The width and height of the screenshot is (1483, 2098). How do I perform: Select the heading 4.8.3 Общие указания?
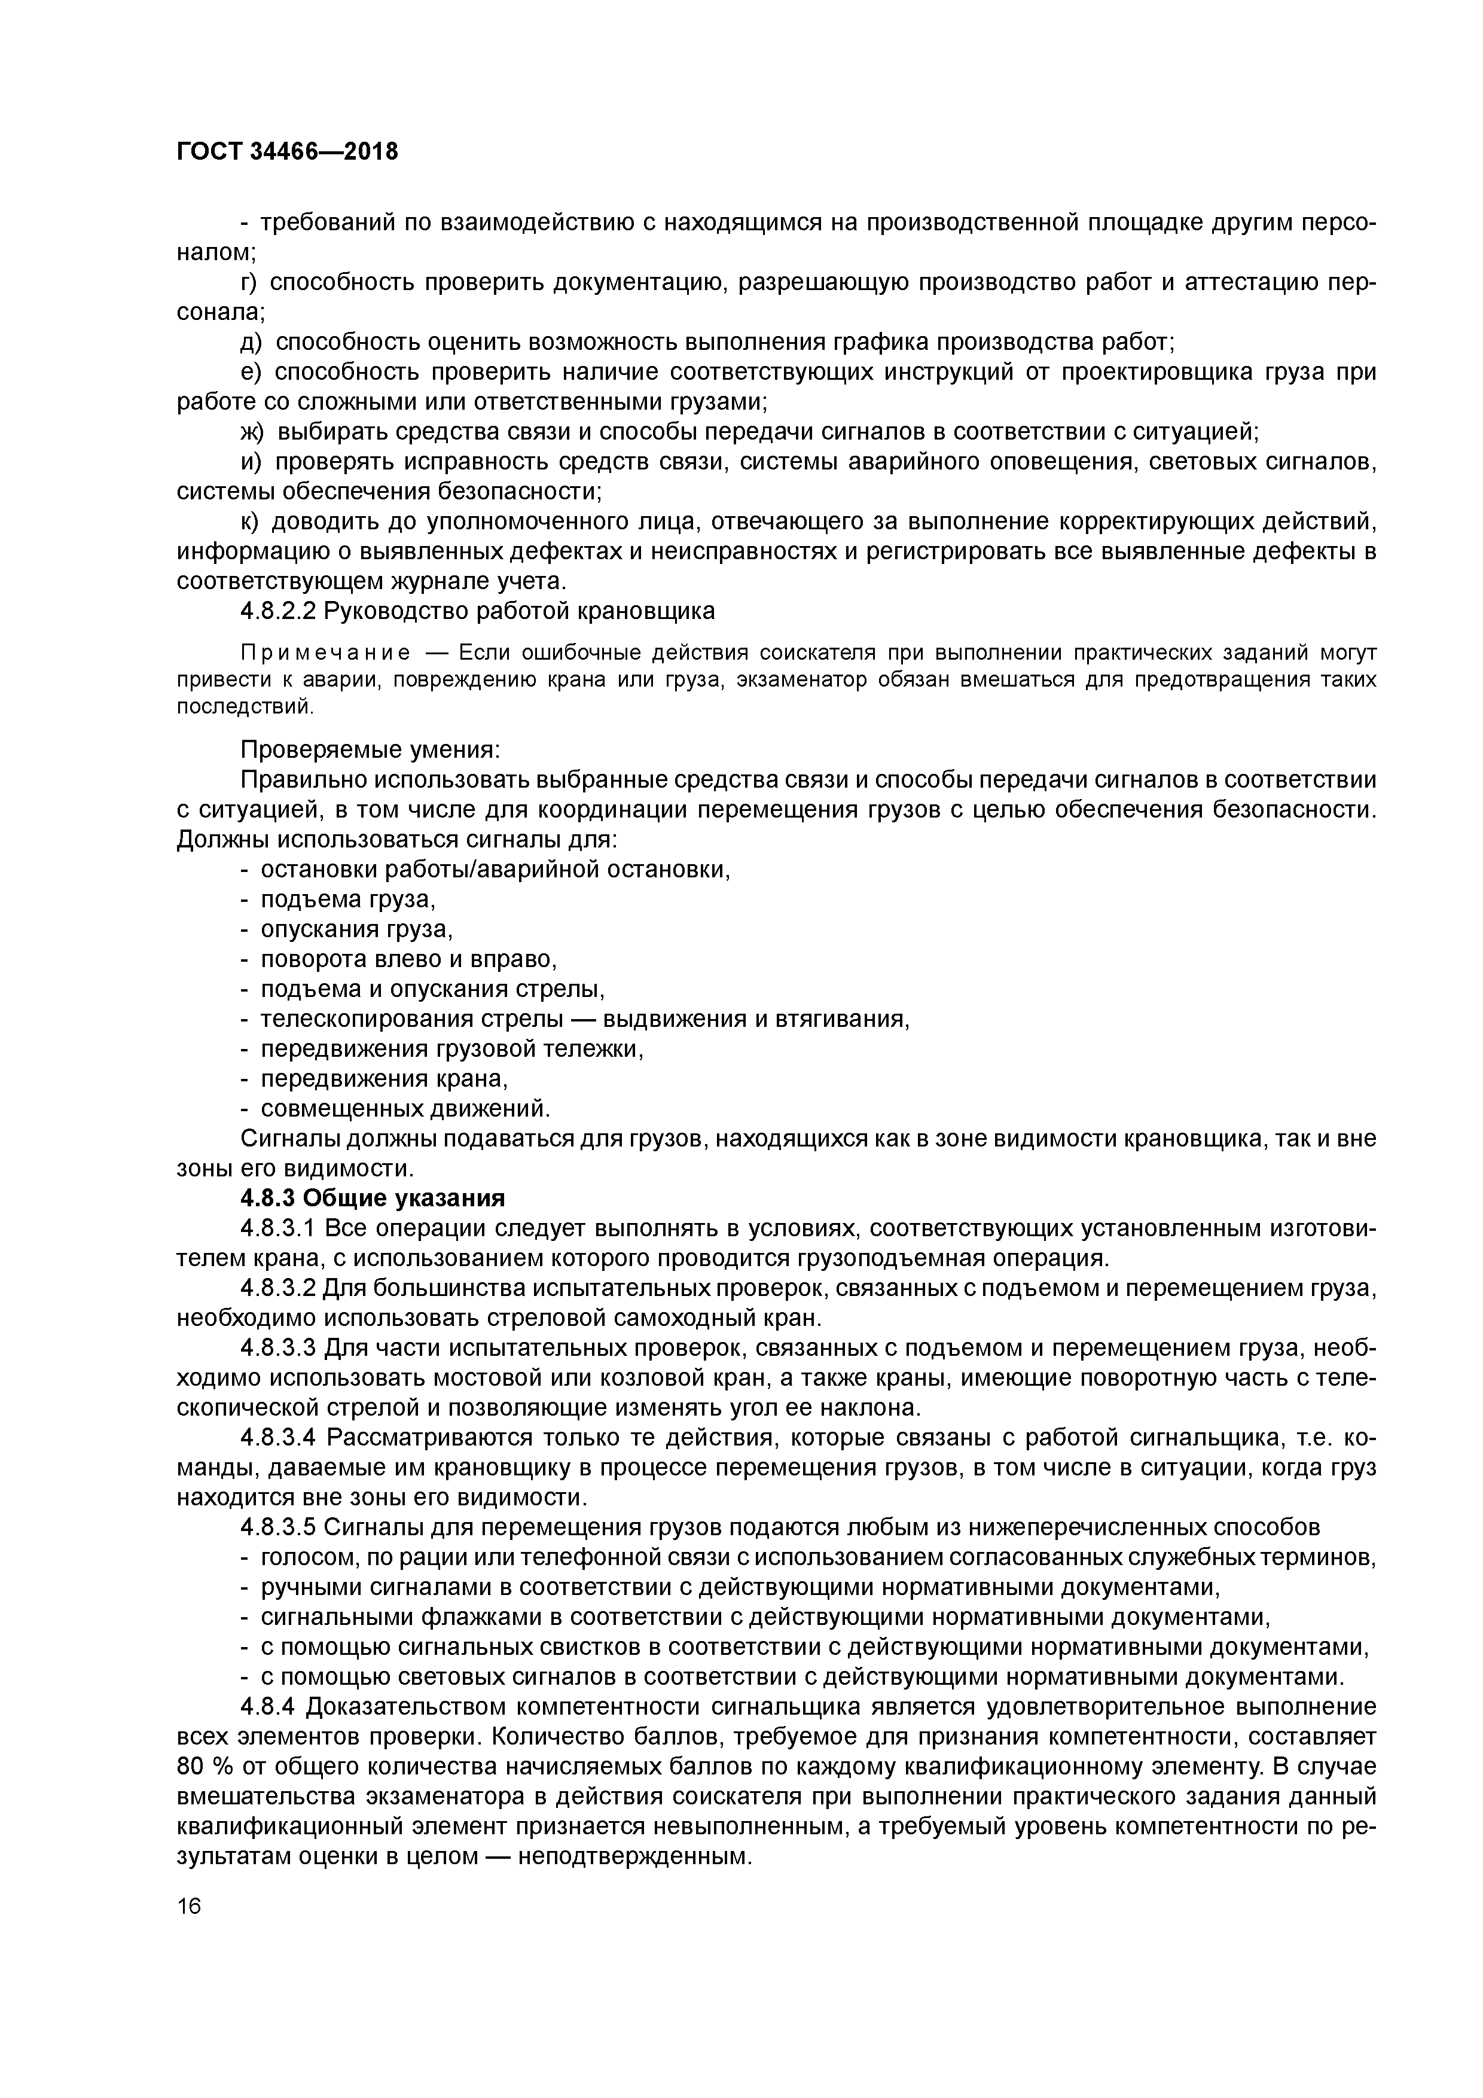(373, 1198)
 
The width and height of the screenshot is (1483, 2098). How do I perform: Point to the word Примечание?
(324, 652)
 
